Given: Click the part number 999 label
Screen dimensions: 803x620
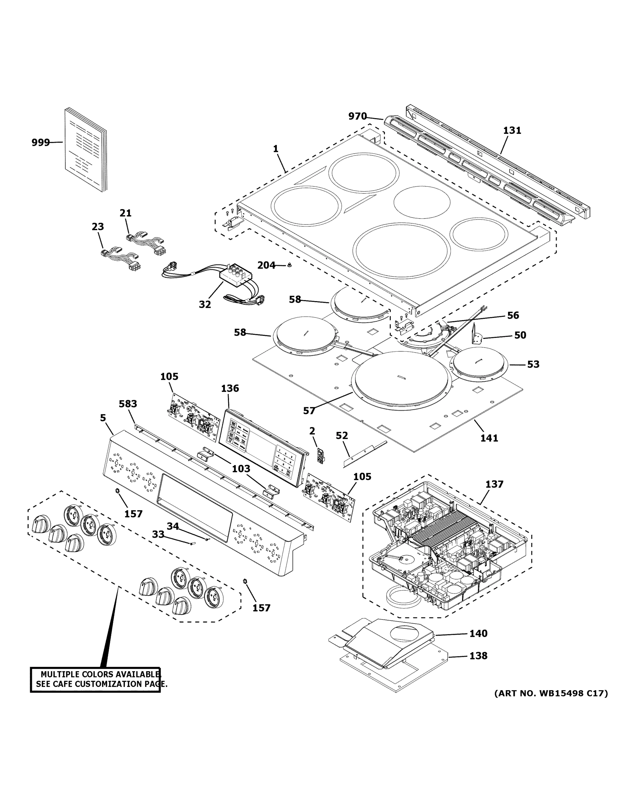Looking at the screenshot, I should click(40, 142).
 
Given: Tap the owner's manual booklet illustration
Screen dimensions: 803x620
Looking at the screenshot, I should click(86, 150).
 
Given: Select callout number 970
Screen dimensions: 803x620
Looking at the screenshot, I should click(357, 116).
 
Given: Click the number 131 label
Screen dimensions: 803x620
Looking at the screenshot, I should click(512, 130).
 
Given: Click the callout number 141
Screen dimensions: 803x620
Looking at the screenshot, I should click(489, 438).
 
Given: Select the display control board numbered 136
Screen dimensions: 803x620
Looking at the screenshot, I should click(262, 449).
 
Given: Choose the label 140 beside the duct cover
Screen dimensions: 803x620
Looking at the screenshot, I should click(478, 633).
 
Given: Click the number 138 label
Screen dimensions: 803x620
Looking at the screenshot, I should click(478, 655).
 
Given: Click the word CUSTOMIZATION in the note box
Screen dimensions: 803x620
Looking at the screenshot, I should click(109, 684).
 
